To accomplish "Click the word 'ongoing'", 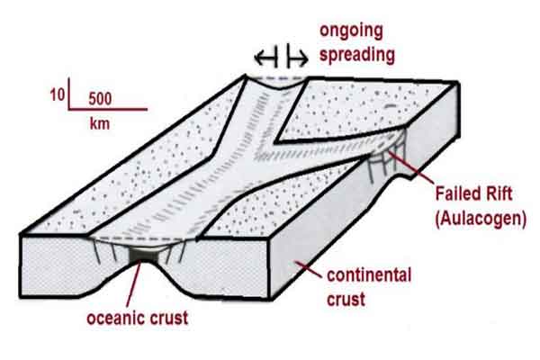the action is [351, 31].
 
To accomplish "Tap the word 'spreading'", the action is [357, 55].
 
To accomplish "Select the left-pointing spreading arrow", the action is [265, 58].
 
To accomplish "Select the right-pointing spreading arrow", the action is [298, 58].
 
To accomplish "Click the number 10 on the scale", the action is [58, 94].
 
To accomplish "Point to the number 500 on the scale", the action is [100, 99].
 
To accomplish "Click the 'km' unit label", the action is [100, 123].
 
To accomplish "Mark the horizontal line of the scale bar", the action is [108, 109].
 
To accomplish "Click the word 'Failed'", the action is [456, 193].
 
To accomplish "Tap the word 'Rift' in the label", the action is [498, 193].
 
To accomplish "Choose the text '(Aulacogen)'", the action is [481, 219].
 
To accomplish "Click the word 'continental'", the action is [369, 275].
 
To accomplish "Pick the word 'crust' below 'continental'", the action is [346, 299].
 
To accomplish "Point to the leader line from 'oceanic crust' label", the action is [133, 284].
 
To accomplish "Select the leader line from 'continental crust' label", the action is [308, 270].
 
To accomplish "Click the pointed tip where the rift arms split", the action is [275, 141].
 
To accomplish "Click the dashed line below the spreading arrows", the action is [277, 79].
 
